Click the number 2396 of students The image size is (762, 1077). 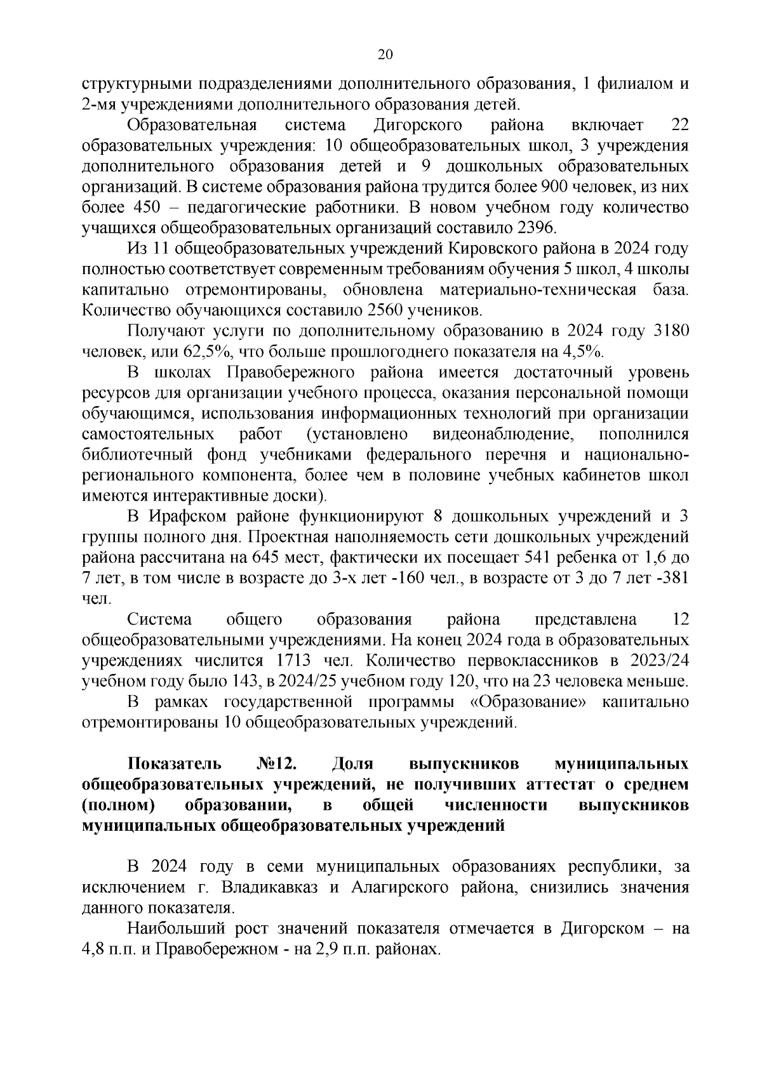[537, 228]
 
